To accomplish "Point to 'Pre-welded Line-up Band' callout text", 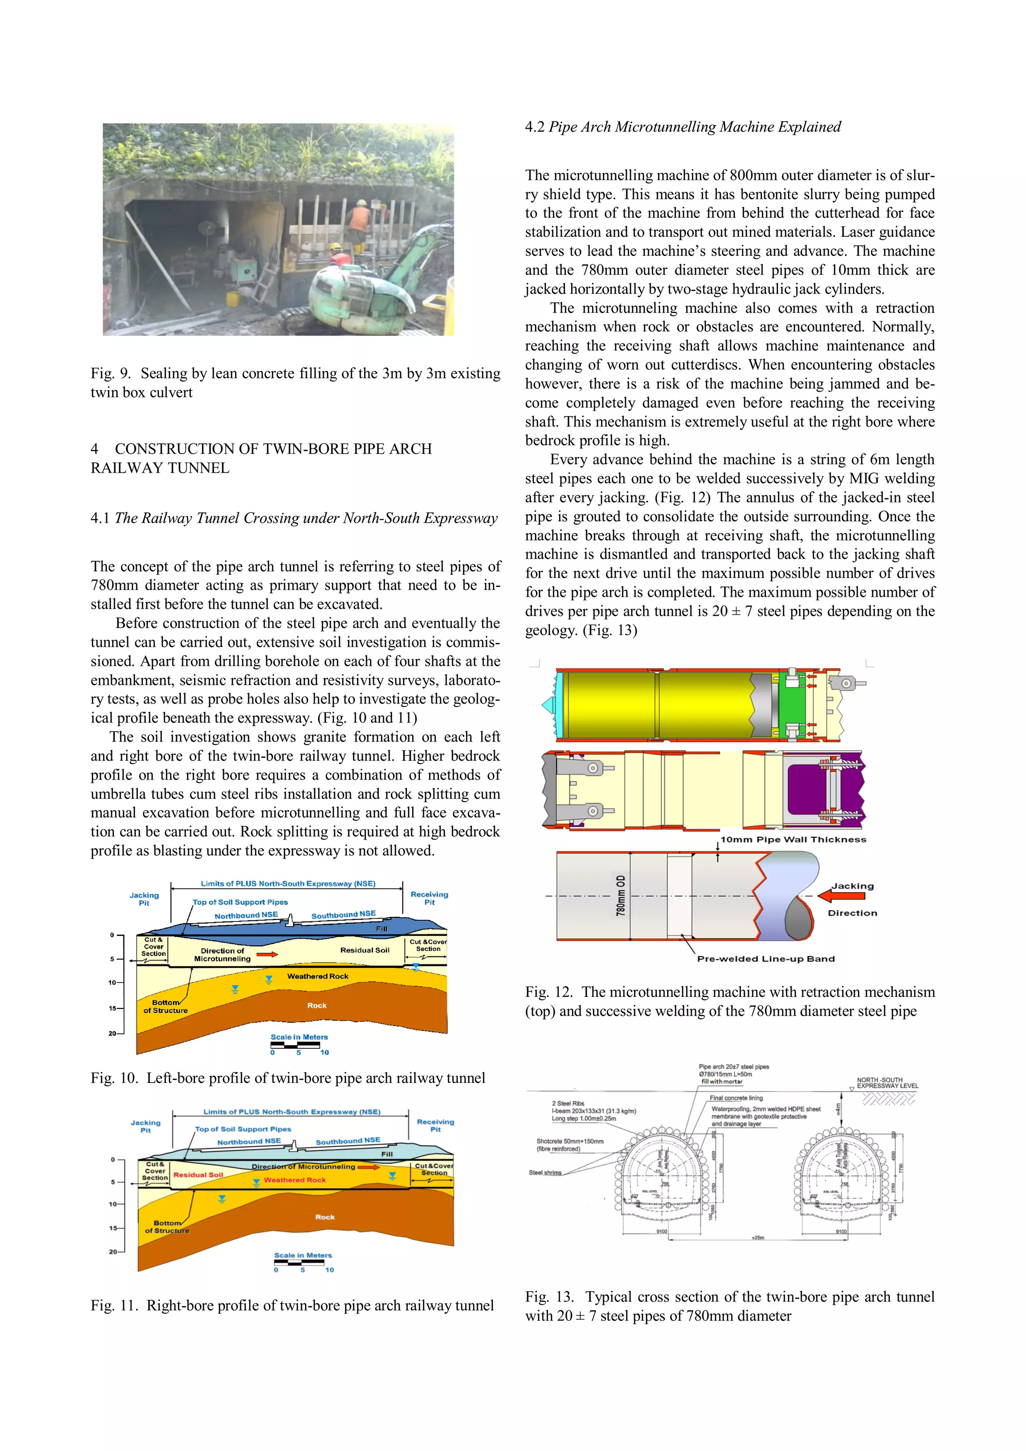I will click(765, 959).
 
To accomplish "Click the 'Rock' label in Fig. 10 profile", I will click(317, 1005).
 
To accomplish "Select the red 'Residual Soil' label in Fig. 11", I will click(198, 1175).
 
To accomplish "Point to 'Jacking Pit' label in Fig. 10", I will click(144, 899).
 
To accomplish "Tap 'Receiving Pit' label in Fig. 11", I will click(435, 1125).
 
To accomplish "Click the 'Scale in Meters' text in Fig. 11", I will click(303, 1255).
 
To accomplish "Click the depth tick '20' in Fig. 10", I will click(112, 1033).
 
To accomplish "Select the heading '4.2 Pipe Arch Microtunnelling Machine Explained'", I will click(683, 127).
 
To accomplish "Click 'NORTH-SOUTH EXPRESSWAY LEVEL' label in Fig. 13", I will click(886, 1082).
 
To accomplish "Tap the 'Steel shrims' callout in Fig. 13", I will click(545, 1172).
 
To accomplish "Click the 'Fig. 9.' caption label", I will click(110, 374).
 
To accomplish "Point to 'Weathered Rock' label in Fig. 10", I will click(317, 976).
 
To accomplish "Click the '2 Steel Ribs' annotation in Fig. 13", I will click(568, 1104).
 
